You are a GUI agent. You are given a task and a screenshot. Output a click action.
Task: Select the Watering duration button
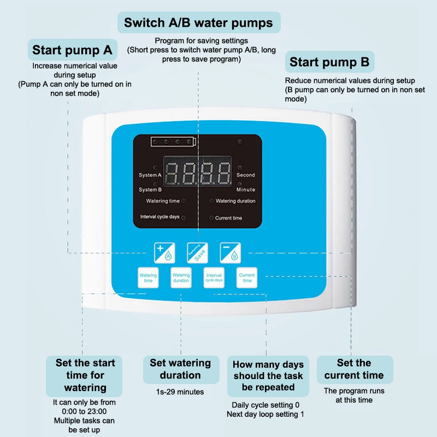tap(181, 277)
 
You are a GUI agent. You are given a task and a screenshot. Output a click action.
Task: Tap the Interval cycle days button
tap(214, 277)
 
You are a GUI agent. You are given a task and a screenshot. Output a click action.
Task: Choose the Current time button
tap(246, 277)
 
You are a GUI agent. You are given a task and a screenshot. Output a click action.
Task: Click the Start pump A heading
tap(72, 50)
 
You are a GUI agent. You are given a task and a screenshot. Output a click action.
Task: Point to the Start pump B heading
tap(329, 62)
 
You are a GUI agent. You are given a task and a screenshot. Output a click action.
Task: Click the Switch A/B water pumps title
tap(199, 23)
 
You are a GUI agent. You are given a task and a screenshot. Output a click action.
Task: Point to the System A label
tap(150, 175)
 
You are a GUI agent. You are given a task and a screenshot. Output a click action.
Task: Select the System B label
tap(150, 190)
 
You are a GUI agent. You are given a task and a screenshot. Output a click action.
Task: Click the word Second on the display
tap(246, 175)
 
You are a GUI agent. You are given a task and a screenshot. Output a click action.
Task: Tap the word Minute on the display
tap(246, 190)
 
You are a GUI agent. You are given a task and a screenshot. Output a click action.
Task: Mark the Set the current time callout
tap(354, 369)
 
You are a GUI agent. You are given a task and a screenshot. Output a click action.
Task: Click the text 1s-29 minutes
tap(180, 392)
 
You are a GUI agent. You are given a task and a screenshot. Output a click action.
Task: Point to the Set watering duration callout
tap(180, 369)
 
